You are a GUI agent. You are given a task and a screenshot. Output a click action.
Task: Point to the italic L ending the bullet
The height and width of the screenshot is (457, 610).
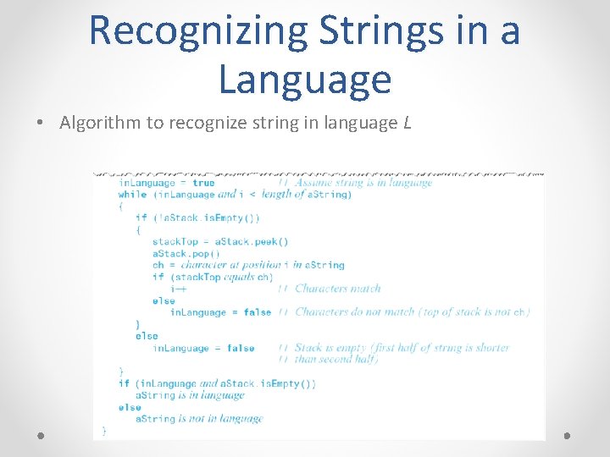408,123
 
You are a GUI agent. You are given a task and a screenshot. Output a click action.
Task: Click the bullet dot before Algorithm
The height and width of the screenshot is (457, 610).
41,124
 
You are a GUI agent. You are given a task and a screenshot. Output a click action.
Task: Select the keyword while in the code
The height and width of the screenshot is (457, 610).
132,195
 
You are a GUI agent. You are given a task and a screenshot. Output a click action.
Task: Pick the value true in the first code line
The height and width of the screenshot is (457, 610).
203,183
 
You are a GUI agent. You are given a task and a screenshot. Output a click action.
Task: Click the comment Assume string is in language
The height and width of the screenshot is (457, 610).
363,183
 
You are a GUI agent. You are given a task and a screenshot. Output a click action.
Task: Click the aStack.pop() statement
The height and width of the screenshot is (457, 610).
186,253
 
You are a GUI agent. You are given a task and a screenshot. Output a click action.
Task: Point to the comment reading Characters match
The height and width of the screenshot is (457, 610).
338,289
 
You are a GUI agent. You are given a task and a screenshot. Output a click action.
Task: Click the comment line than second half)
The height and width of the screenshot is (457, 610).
336,360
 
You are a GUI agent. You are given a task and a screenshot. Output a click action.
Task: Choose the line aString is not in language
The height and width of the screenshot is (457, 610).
199,419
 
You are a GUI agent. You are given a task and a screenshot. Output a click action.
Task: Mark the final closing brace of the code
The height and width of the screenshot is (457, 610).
104,431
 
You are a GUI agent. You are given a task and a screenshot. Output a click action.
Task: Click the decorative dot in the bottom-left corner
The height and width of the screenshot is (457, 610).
41,436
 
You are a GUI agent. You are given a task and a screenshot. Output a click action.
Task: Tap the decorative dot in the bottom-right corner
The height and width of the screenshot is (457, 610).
568,436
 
